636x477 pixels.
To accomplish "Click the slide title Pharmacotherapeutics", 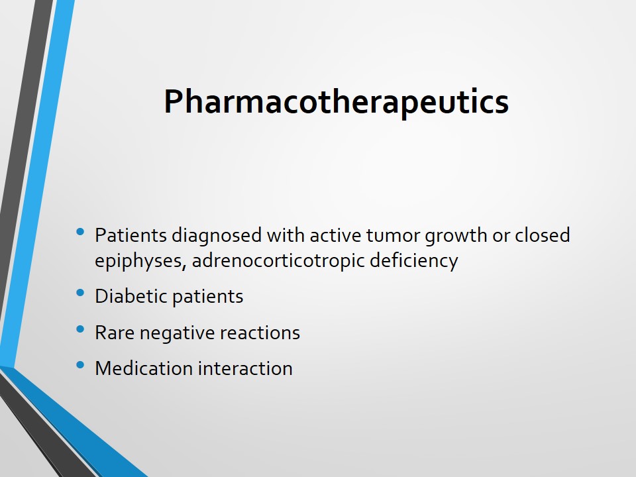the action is pyautogui.click(x=337, y=102).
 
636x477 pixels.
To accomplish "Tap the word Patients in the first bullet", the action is pyautogui.click(x=131, y=235).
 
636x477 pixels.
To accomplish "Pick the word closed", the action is pyautogui.click(x=543, y=235).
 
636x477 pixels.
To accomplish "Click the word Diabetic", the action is pyautogui.click(x=131, y=296).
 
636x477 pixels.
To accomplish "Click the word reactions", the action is pyautogui.click(x=260, y=333).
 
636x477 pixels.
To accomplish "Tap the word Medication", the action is pyautogui.click(x=144, y=368).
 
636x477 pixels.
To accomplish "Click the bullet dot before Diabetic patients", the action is pyautogui.click(x=80, y=292).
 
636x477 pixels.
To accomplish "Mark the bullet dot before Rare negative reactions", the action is pyautogui.click(x=80, y=329).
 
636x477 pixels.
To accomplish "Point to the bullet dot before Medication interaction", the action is pyautogui.click(x=80, y=365).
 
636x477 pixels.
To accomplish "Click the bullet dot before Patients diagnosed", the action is pyautogui.click(x=80, y=232).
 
